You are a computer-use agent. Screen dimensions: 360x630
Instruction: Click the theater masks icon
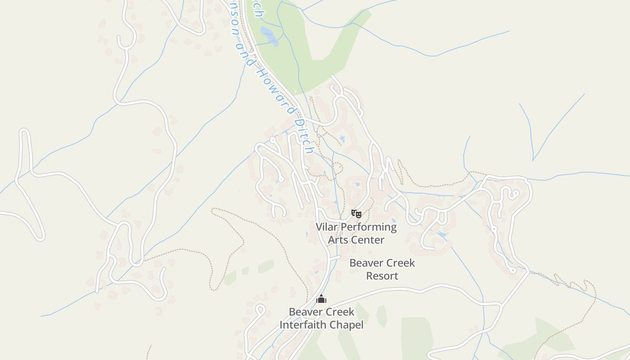(x=356, y=213)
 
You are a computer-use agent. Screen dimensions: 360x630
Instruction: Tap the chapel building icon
(x=321, y=299)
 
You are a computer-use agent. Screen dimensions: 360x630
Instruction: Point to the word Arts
(x=337, y=240)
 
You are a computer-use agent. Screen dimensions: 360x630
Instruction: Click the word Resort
(x=382, y=276)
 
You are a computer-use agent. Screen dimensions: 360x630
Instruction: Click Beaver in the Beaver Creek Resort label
(x=366, y=263)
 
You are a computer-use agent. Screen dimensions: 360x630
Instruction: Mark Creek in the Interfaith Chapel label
(x=339, y=312)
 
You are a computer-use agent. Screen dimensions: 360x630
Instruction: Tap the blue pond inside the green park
(x=270, y=36)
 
